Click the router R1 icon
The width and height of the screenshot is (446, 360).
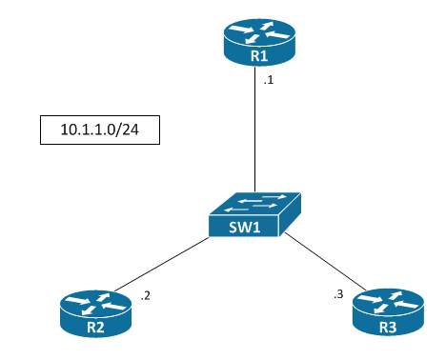click(257, 44)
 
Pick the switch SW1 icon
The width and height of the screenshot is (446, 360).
click(254, 215)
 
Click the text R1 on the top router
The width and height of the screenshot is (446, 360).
click(257, 57)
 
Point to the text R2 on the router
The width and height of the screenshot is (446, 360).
click(94, 327)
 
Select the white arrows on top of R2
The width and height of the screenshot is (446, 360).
click(94, 303)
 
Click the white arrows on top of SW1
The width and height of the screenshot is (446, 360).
click(255, 202)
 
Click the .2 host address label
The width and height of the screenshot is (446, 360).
click(145, 296)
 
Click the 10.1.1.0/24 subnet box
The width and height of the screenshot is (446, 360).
click(99, 130)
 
